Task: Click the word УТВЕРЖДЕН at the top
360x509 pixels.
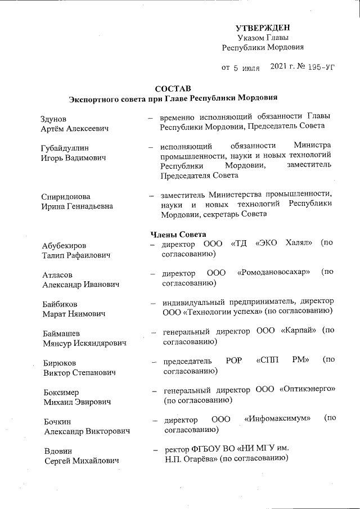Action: (263, 28)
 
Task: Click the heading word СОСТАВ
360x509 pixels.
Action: (173, 89)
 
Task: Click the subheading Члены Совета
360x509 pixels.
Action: (178, 233)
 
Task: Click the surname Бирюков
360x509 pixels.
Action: (59, 363)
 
